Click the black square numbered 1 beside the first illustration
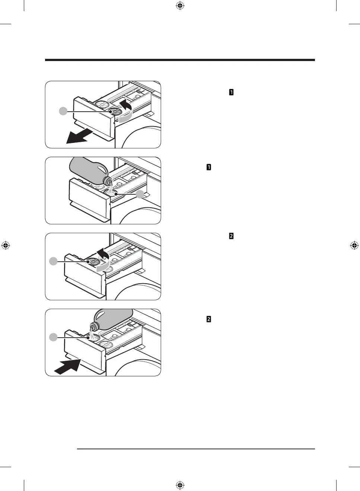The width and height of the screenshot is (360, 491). click(231, 92)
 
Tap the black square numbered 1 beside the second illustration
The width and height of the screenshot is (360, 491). click(209, 167)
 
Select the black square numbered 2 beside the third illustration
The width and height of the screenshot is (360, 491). click(231, 236)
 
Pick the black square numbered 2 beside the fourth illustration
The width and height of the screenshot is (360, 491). click(209, 319)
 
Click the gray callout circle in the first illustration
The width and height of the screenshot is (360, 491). click(63, 111)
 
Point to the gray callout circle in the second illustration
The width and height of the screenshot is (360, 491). click(140, 194)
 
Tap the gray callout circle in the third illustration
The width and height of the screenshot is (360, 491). click(54, 261)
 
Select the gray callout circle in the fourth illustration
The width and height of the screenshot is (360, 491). click(54, 337)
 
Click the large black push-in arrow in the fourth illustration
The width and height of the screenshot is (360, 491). click(68, 365)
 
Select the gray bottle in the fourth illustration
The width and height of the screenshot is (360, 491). click(112, 319)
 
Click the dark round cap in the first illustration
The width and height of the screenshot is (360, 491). click(115, 112)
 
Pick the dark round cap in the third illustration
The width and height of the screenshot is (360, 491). click(93, 262)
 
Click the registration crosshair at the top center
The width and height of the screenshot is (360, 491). click(180, 6)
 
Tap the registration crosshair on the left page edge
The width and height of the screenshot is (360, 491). click(6, 246)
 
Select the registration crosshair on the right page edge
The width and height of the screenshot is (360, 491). click(354, 246)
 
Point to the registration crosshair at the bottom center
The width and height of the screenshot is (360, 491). click(180, 485)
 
